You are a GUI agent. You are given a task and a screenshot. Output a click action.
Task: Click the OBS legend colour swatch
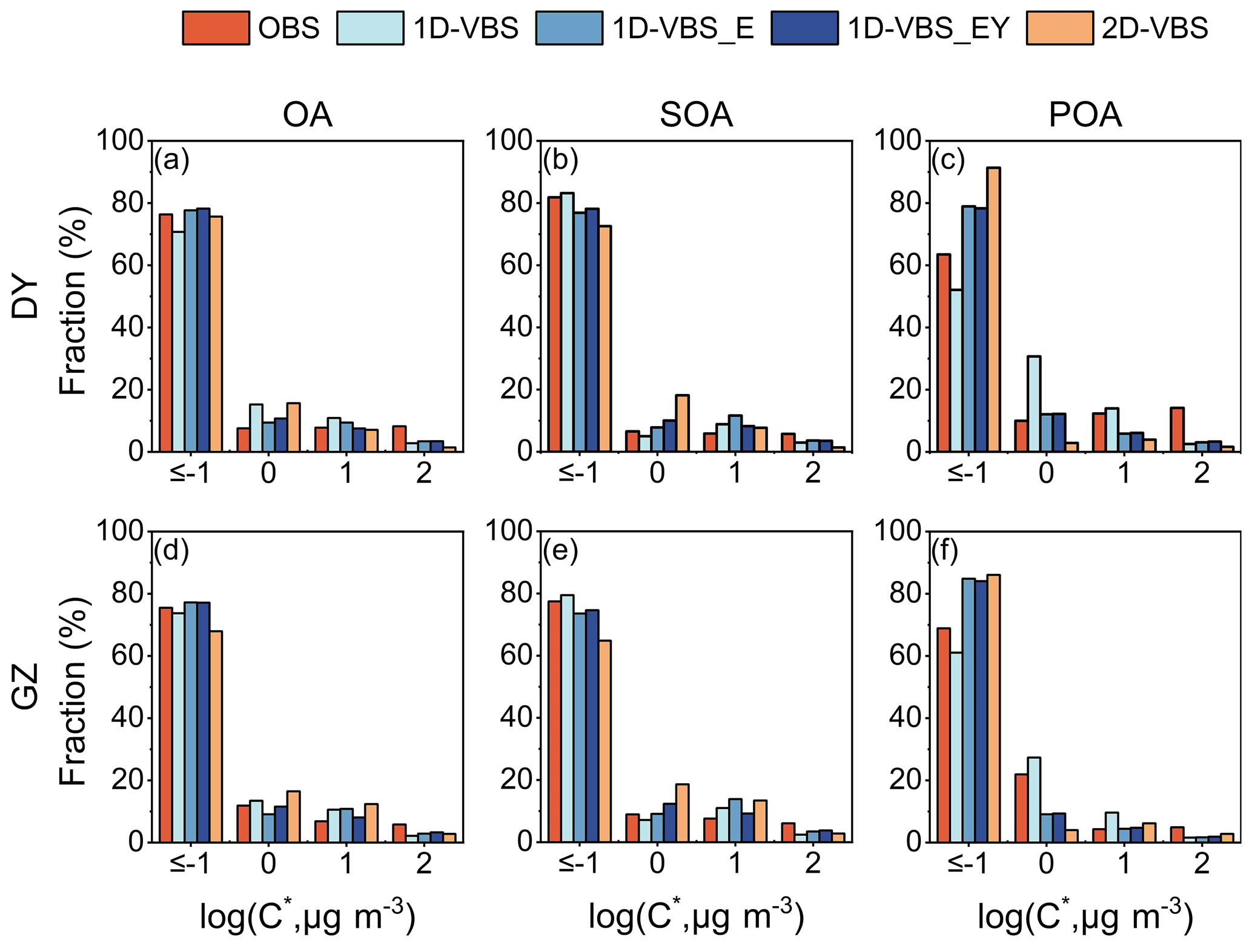tap(216, 28)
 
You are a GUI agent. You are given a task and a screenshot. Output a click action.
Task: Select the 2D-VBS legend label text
tap(1154, 28)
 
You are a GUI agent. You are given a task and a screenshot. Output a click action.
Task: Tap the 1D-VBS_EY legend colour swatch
tap(804, 28)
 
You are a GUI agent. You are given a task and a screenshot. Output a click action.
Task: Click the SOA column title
tap(696, 114)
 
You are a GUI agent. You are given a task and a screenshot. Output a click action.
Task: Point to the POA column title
tap(1085, 114)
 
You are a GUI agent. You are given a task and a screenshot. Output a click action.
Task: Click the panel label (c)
tap(948, 160)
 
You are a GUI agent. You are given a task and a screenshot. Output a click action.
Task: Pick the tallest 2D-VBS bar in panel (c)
tap(993, 309)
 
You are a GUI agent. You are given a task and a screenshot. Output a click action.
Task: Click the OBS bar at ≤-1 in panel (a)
tap(166, 333)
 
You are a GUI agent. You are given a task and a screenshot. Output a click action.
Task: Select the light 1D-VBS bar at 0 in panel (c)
tap(1034, 404)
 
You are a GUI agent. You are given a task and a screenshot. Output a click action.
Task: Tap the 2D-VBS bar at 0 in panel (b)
tap(682, 423)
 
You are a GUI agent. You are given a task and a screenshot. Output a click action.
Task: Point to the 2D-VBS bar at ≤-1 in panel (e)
tap(604, 741)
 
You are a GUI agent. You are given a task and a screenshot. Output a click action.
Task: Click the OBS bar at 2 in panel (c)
tap(1177, 429)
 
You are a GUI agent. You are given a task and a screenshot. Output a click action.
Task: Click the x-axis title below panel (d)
tap(308, 918)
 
